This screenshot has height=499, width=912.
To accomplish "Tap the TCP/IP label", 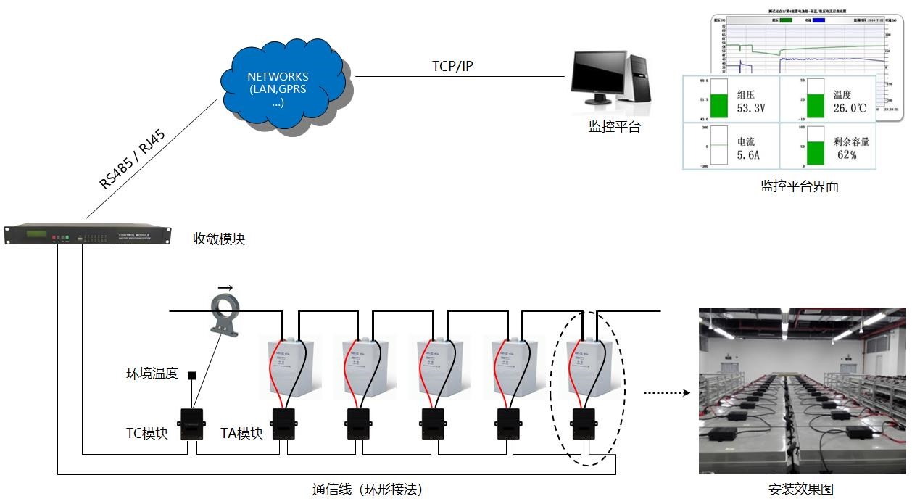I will click(452, 66).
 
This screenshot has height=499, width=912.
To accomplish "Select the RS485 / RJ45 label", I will click(133, 160).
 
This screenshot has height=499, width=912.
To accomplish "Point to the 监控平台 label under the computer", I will click(614, 127).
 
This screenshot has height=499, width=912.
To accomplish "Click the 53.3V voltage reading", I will click(751, 109).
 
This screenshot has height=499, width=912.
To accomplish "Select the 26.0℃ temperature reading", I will click(850, 109).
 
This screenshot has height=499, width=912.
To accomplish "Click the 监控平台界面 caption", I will click(799, 186).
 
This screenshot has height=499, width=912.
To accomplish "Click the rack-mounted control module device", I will click(88, 235).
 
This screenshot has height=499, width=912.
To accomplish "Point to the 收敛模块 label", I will click(218, 239).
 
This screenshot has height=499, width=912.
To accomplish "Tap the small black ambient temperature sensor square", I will click(192, 376).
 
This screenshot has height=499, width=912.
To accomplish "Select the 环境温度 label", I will click(152, 374).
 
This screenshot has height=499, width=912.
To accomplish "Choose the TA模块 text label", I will click(241, 434).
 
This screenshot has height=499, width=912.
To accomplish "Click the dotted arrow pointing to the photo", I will click(666, 393).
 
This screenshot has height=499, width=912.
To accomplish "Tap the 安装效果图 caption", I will click(801, 490).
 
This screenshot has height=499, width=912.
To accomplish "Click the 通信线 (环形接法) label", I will click(367, 490).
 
